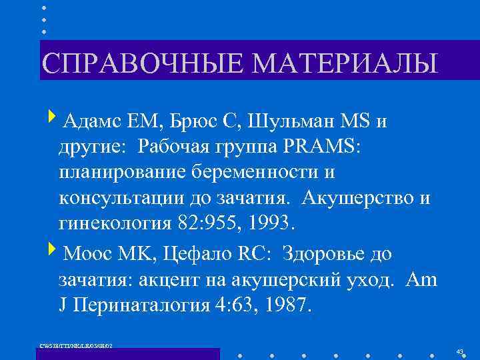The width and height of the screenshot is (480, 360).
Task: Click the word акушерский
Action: [x=286, y=279]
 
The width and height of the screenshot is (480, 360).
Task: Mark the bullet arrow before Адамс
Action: [x=53, y=121]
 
